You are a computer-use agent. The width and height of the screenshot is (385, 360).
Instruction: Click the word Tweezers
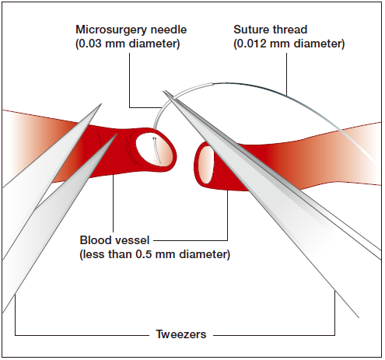point(181,334)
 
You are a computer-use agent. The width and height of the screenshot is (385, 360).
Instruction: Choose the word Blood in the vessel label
point(95,240)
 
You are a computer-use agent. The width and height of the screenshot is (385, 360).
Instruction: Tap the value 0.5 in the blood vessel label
point(144,254)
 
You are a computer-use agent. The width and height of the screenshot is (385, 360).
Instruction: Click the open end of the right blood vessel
point(206,165)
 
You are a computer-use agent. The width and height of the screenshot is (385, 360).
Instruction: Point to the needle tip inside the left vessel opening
point(154,138)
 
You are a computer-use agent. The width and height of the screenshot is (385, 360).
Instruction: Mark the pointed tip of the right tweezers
point(163,91)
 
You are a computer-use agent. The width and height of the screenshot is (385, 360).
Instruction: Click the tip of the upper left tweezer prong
point(101,104)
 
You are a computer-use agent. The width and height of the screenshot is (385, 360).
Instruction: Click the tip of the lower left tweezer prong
point(117,135)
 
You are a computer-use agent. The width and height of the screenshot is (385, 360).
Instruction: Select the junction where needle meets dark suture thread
point(213,84)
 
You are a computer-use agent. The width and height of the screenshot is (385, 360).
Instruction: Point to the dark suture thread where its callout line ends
point(286,96)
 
